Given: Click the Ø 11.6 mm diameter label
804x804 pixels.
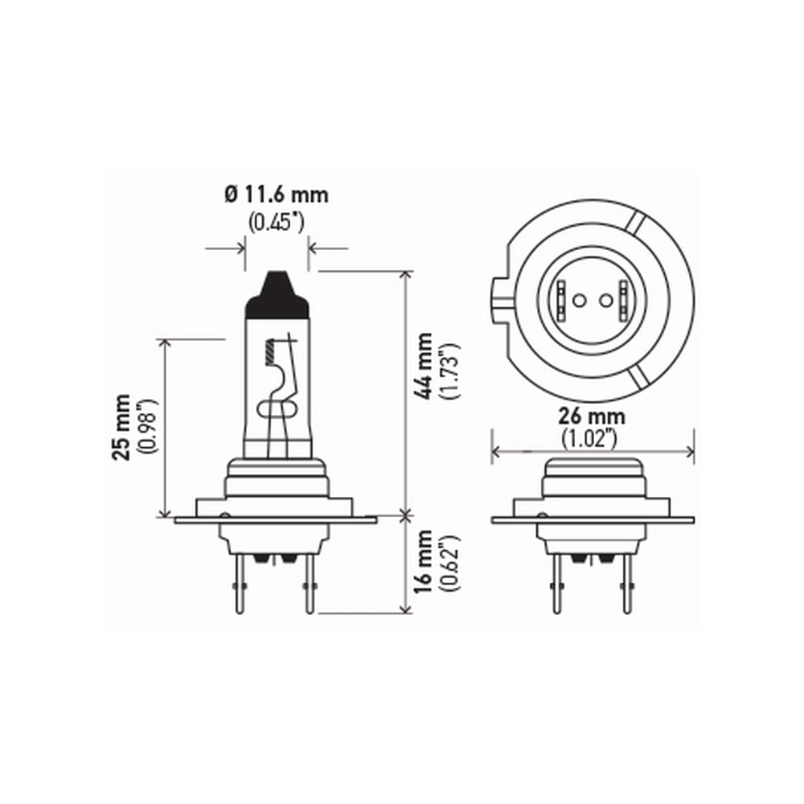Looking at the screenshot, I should (x=277, y=195).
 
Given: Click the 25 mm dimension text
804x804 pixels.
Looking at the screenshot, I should (x=122, y=427).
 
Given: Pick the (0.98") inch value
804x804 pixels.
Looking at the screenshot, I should (x=147, y=427).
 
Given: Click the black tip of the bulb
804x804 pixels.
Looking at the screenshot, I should (x=277, y=295).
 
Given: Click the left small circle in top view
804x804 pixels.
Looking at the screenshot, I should (x=577, y=301).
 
